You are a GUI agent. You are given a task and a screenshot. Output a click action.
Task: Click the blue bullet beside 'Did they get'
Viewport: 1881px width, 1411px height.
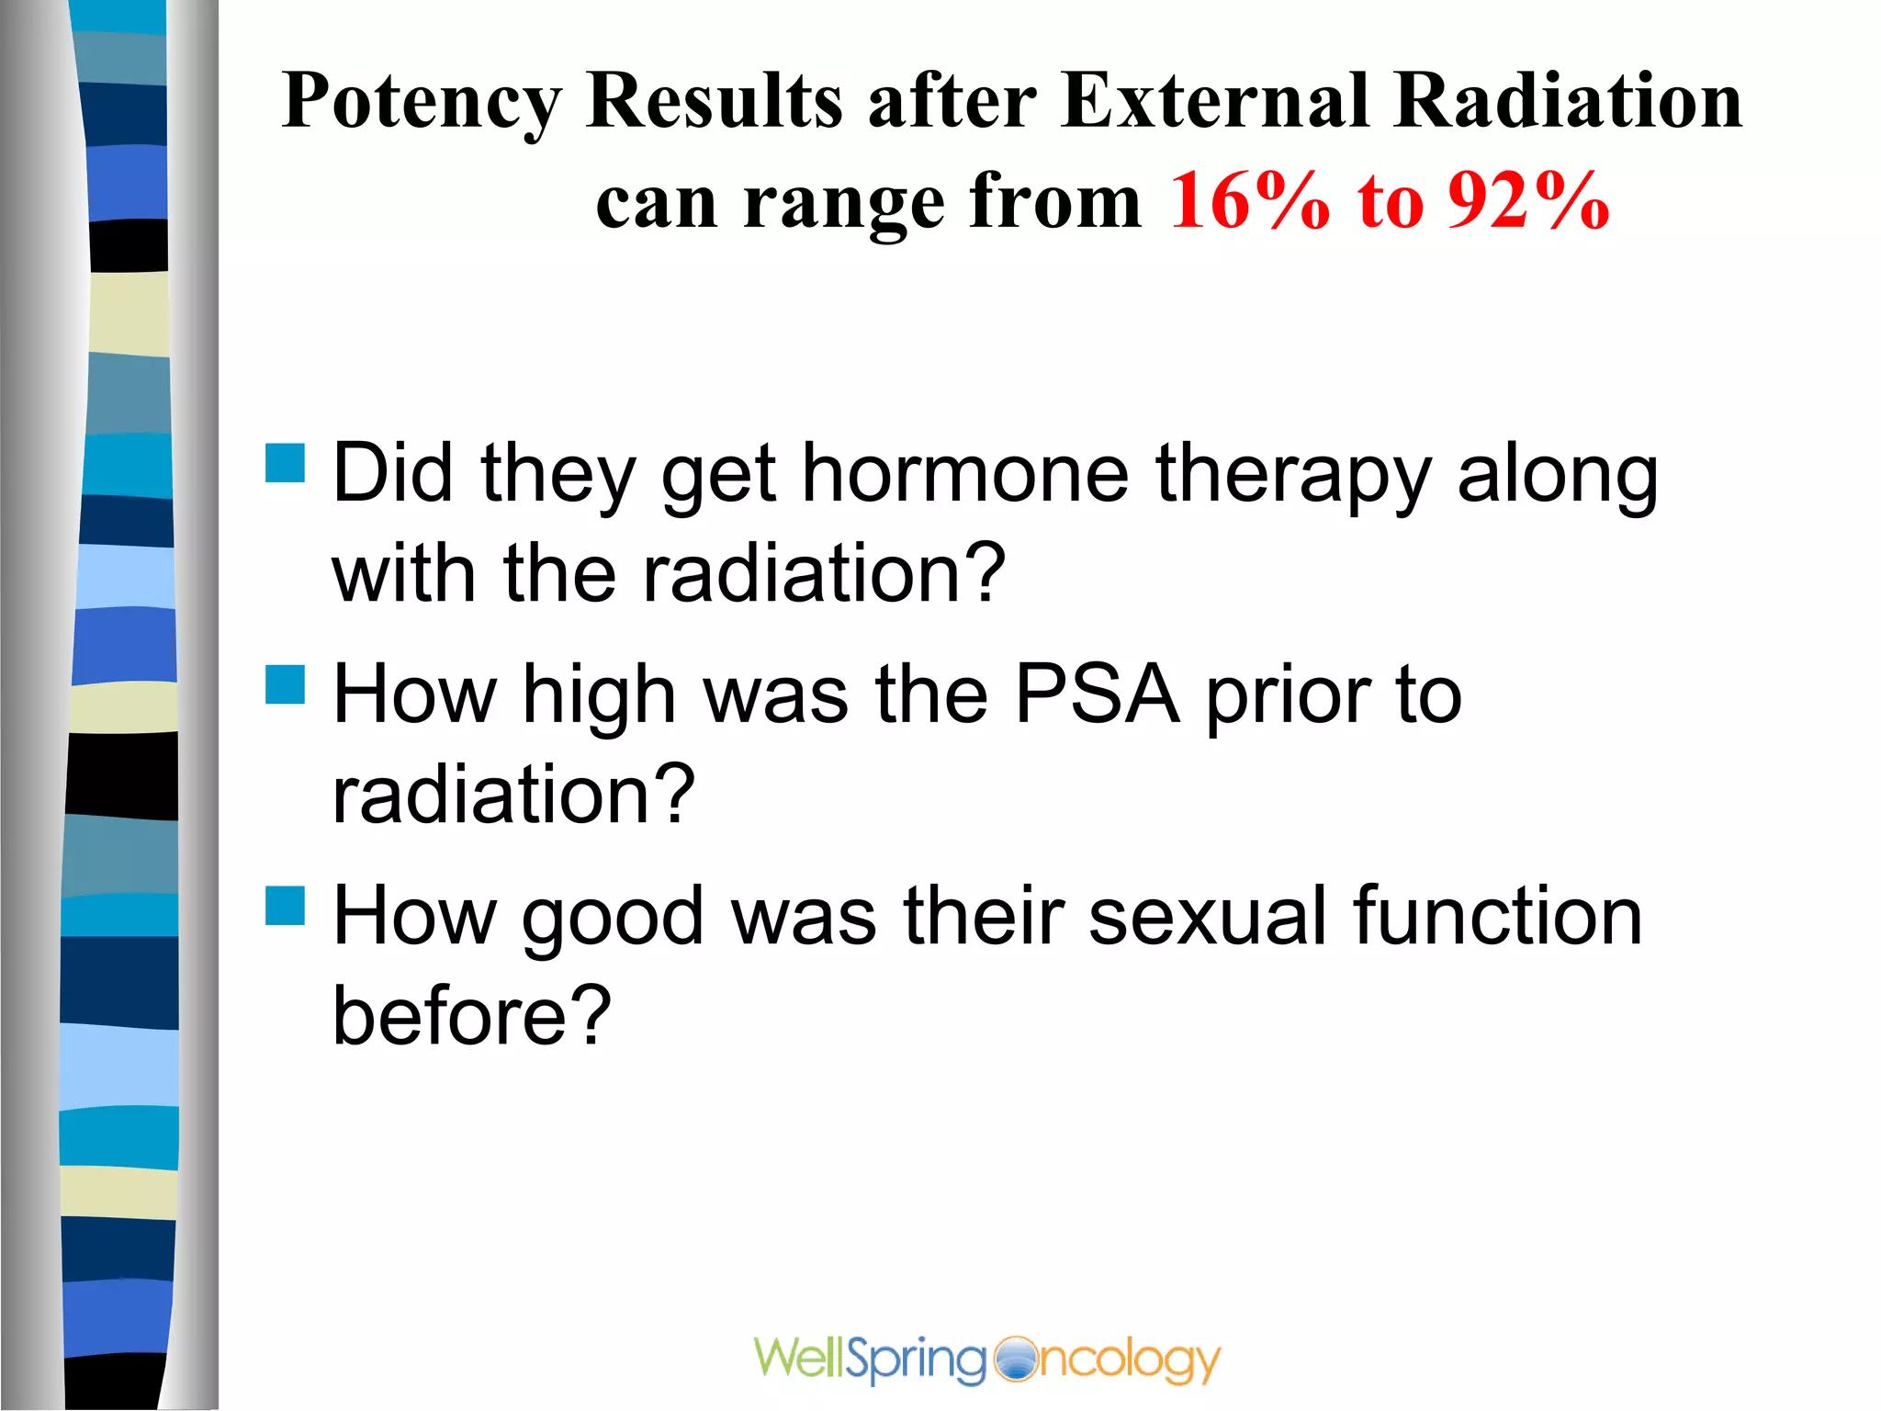click(x=285, y=463)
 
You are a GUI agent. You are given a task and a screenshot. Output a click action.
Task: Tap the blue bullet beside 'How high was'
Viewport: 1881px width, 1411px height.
click(x=285, y=684)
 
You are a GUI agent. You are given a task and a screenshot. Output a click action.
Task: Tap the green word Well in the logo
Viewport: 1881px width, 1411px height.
click(x=797, y=1358)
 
